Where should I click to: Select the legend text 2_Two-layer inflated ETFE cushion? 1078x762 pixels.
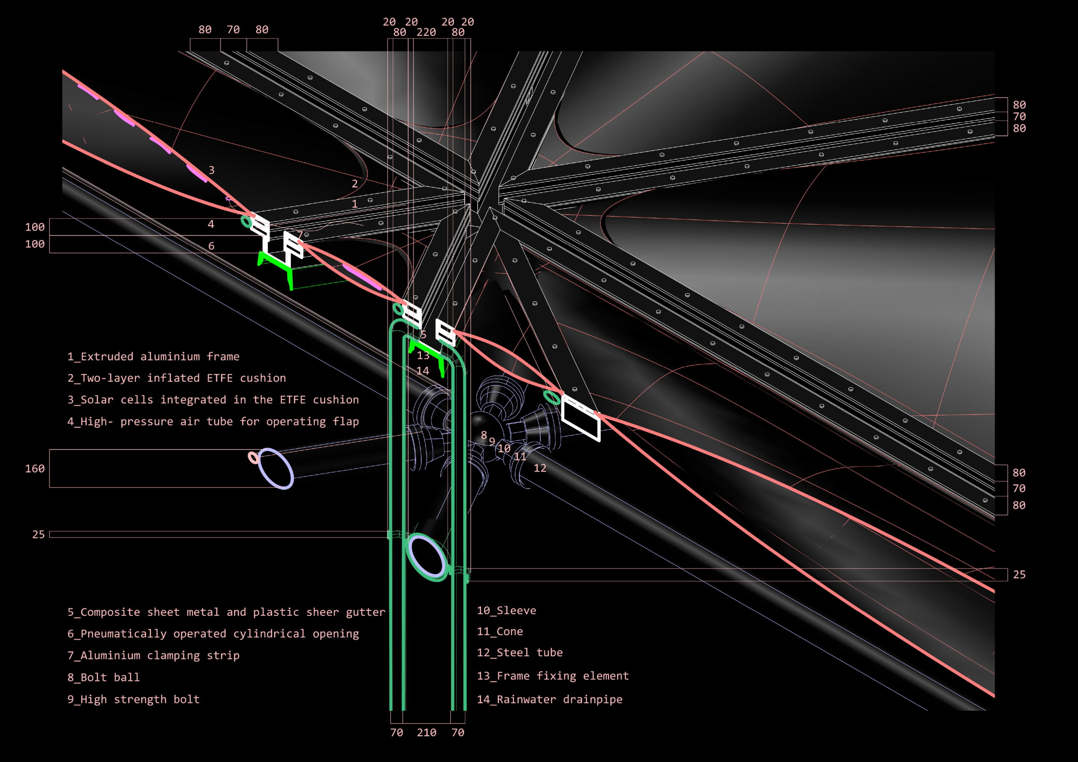tap(176, 378)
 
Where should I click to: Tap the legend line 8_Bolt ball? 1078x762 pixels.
tap(103, 677)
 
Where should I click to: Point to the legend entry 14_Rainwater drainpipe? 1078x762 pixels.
tap(550, 700)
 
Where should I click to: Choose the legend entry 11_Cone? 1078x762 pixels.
tap(499, 631)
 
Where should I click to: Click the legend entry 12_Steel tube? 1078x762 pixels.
tap(519, 653)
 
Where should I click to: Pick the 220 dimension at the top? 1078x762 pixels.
tap(426, 32)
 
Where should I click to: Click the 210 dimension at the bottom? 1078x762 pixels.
tap(426, 733)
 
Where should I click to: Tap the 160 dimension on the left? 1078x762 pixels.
tap(35, 469)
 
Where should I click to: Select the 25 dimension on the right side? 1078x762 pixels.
tap(1019, 575)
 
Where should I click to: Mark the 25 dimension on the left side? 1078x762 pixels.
tap(38, 534)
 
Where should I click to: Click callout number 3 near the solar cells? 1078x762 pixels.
tap(211, 170)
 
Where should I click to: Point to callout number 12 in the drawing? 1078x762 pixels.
tap(540, 468)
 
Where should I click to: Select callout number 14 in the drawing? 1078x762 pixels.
tap(422, 371)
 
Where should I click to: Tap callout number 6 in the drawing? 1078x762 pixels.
tap(211, 246)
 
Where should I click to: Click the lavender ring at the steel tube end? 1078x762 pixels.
tap(276, 469)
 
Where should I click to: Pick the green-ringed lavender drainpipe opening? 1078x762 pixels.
tap(426, 557)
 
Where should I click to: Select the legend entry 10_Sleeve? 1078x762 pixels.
tap(506, 610)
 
